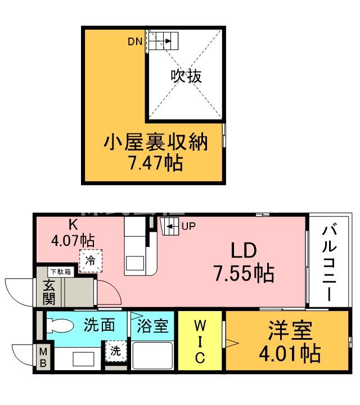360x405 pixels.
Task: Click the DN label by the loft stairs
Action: click(135, 41)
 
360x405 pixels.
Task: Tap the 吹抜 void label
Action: click(186, 76)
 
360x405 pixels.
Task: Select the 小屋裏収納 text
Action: click(155, 143)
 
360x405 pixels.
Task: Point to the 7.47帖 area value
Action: click(155, 163)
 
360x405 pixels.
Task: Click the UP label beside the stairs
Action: click(188, 227)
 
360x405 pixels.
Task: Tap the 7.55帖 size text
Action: click(243, 274)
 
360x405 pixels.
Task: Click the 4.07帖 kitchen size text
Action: click(73, 240)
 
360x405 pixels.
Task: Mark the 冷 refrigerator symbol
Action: click(91, 261)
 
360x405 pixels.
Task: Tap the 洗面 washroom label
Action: click(100, 325)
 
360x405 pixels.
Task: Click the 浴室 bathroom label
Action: click(152, 325)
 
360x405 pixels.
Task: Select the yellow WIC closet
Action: click(200, 341)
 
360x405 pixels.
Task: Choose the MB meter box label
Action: click(43, 357)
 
